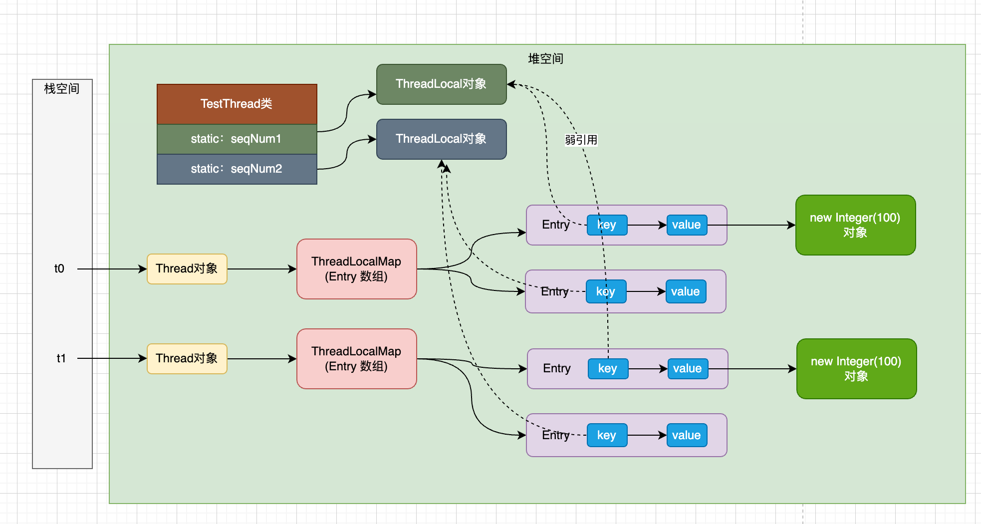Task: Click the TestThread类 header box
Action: pyautogui.click(x=237, y=104)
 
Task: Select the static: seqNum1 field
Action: pyautogui.click(x=237, y=139)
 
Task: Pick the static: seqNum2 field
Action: pyautogui.click(x=237, y=169)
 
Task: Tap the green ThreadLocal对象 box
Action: pyautogui.click(x=441, y=84)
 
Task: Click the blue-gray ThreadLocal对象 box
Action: pyautogui.click(x=441, y=139)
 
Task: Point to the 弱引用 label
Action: pyautogui.click(x=581, y=140)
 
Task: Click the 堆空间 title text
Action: pyautogui.click(x=545, y=59)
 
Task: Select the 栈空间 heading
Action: pyautogui.click(x=62, y=89)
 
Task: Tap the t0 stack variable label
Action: pyautogui.click(x=59, y=268)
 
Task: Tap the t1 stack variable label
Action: pyautogui.click(x=61, y=358)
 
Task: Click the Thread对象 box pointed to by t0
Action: pyautogui.click(x=187, y=268)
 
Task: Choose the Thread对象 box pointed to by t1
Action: pyautogui.click(x=187, y=358)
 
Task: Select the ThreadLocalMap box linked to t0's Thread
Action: pyautogui.click(x=356, y=269)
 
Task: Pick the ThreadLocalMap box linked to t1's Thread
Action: pyautogui.click(x=356, y=359)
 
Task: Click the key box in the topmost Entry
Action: pyautogui.click(x=607, y=225)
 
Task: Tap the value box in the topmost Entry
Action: pyautogui.click(x=687, y=225)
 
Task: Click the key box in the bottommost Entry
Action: pyautogui.click(x=607, y=435)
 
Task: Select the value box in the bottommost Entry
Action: pyautogui.click(x=687, y=435)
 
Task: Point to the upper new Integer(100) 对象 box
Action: pyautogui.click(x=855, y=225)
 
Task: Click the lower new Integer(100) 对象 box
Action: pyautogui.click(x=856, y=369)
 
